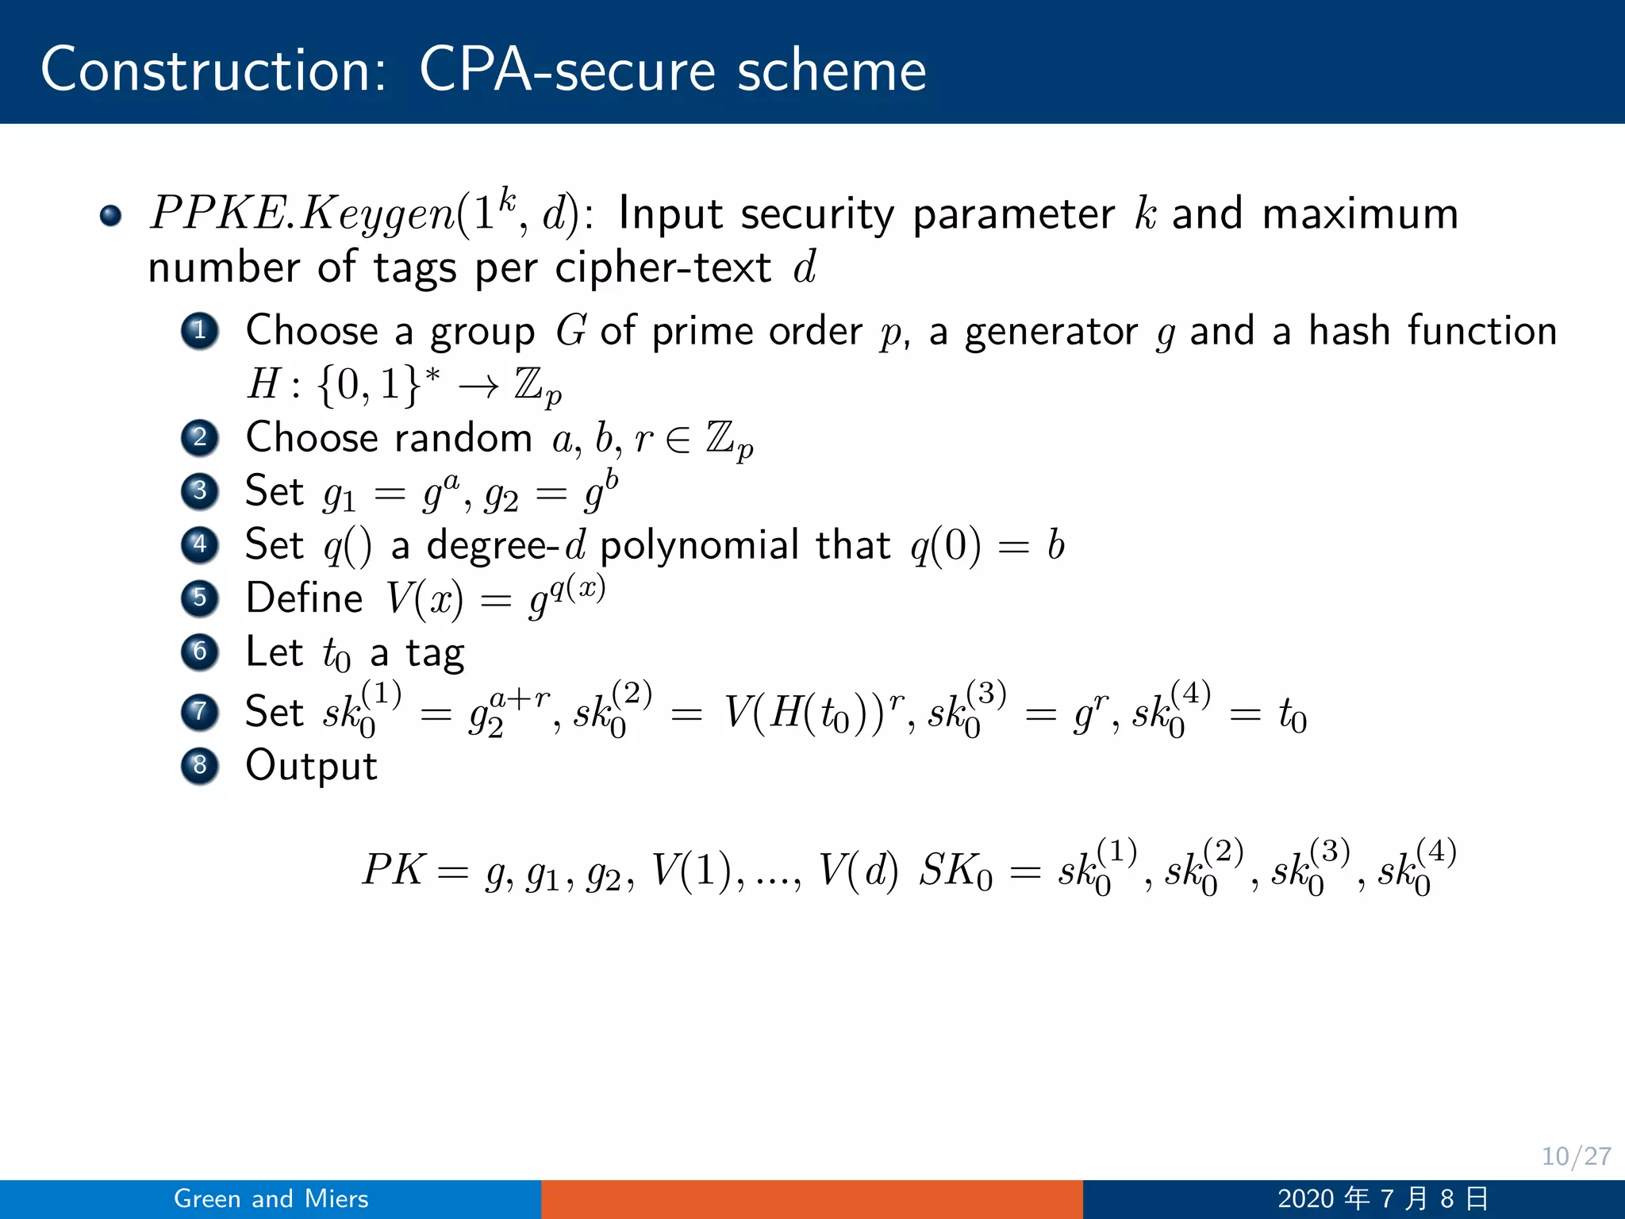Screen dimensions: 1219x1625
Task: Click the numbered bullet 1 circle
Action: click(x=200, y=330)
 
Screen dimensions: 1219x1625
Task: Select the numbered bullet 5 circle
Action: click(x=200, y=598)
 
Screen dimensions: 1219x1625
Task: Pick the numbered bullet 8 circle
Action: click(x=200, y=765)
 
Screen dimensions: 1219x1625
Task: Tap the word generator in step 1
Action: click(x=1051, y=331)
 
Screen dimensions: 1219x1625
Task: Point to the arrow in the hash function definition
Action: click(x=479, y=386)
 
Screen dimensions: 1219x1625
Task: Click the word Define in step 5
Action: click(x=304, y=598)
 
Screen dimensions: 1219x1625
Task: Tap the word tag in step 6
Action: click(x=434, y=654)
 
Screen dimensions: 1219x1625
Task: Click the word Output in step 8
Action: click(x=311, y=766)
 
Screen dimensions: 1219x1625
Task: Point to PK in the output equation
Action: click(x=394, y=870)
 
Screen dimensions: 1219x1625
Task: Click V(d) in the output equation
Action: click(x=857, y=870)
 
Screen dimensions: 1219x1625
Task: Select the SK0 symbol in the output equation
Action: click(x=955, y=871)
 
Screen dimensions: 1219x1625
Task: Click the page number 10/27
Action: click(x=1575, y=1156)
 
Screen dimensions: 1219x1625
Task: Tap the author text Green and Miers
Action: click(x=271, y=1198)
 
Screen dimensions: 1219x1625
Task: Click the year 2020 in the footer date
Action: click(x=1305, y=1198)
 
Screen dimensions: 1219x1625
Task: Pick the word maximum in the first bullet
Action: click(x=1359, y=213)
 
